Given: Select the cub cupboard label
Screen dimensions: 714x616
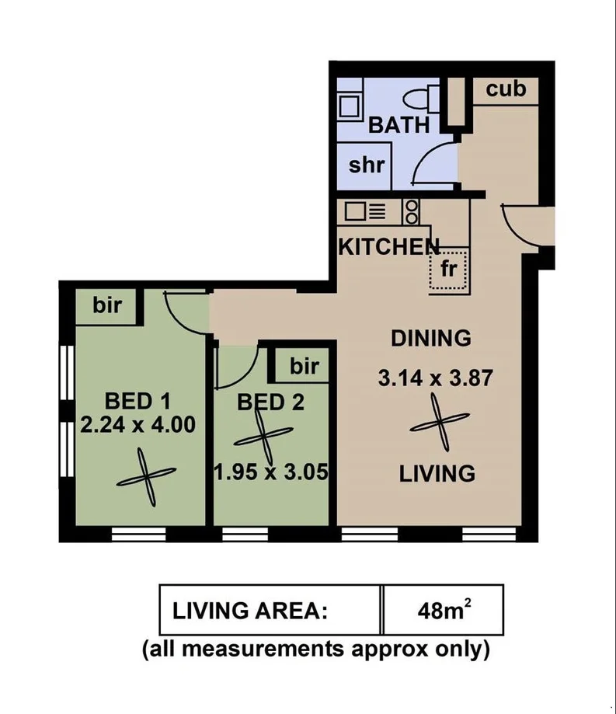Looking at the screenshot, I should (506, 89).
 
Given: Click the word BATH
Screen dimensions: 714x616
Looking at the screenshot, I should (398, 125).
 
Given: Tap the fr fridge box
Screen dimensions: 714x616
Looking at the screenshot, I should (449, 270).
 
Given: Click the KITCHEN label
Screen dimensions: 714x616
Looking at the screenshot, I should (388, 247).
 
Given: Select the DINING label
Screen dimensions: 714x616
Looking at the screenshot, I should (430, 338).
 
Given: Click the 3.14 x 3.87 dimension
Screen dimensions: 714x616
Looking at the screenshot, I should (436, 379).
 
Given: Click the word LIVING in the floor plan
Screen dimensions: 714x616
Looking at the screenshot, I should (437, 473).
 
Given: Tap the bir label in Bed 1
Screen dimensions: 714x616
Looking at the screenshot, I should (107, 305).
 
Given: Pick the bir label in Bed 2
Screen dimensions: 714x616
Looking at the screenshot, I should (304, 367).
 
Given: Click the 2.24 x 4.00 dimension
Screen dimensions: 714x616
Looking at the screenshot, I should (137, 425).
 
